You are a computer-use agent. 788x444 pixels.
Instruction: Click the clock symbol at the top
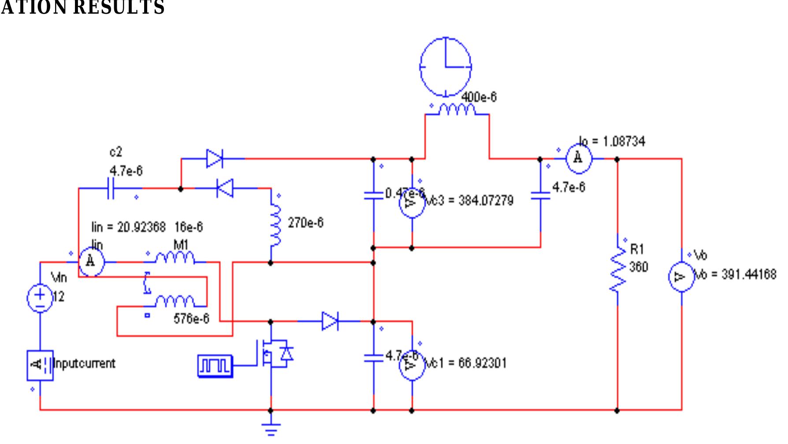click(x=446, y=67)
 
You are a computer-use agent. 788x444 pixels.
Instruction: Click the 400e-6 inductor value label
click(x=479, y=97)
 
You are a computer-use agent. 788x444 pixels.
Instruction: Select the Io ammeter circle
click(x=578, y=159)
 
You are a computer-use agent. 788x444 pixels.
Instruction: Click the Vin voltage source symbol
click(x=40, y=298)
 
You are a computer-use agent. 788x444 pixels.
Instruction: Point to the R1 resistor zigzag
click(x=618, y=269)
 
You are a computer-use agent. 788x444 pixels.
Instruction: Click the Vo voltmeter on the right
click(x=681, y=277)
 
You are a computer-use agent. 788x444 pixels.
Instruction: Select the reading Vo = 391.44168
click(x=735, y=274)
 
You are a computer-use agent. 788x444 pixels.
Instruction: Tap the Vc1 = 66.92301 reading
click(x=465, y=364)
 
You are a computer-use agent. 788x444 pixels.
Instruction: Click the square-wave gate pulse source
click(x=215, y=366)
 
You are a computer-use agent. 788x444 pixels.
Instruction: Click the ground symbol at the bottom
click(x=271, y=428)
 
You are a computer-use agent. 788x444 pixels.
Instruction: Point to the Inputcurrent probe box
click(x=40, y=365)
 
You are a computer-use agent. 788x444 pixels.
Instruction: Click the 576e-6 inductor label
click(x=191, y=318)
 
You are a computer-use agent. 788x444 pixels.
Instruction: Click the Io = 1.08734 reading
click(x=612, y=142)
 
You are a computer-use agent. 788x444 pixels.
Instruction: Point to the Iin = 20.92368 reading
click(x=128, y=227)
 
